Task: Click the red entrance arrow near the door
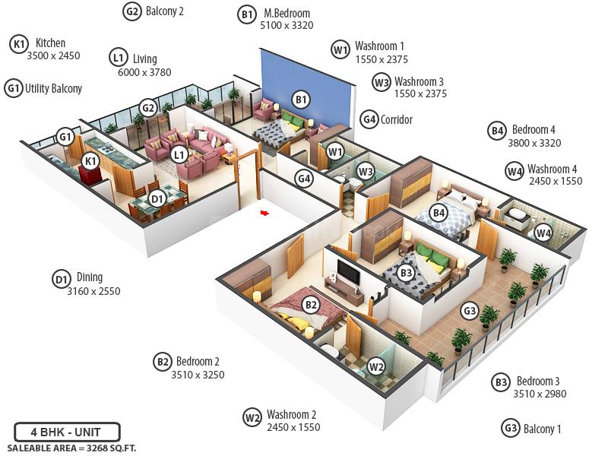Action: (264, 214)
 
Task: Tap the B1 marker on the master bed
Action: (301, 100)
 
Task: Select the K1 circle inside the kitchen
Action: (90, 161)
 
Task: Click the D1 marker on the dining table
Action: (157, 199)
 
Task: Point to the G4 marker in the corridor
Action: (304, 179)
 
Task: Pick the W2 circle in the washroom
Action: (375, 366)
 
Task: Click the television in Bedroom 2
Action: (348, 271)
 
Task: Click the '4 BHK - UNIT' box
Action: (68, 432)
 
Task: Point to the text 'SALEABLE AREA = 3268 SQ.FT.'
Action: (71, 448)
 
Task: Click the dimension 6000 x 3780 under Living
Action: (144, 72)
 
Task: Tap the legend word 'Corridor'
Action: (397, 119)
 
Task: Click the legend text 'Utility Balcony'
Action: (53, 88)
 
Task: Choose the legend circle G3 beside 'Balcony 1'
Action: (511, 428)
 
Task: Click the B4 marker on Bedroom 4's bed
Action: (439, 214)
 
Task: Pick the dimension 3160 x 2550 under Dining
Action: (93, 291)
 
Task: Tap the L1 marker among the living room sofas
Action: (179, 154)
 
